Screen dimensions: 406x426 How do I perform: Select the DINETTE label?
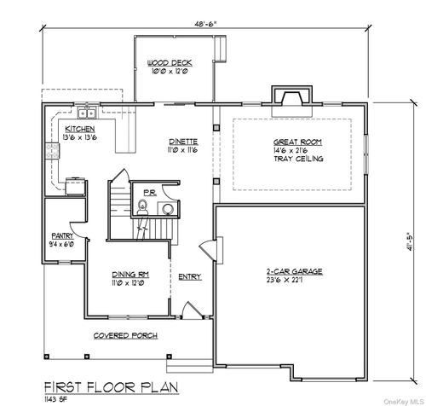pyautogui.click(x=183, y=142)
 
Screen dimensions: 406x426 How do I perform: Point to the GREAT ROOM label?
pyautogui.click(x=296, y=142)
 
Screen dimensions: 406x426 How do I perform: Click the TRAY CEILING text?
pyautogui.click(x=296, y=159)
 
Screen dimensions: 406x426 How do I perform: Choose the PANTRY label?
pyautogui.click(x=60, y=235)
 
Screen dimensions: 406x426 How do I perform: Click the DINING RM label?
pyautogui.click(x=130, y=275)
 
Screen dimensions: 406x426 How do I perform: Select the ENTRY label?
pyautogui.click(x=189, y=275)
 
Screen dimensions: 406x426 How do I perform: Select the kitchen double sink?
pyautogui.click(x=85, y=113)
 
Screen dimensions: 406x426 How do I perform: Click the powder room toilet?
pyautogui.click(x=141, y=205)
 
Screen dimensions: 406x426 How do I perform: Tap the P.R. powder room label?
pyautogui.click(x=148, y=193)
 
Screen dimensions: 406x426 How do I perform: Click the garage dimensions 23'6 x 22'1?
pyautogui.click(x=291, y=283)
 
